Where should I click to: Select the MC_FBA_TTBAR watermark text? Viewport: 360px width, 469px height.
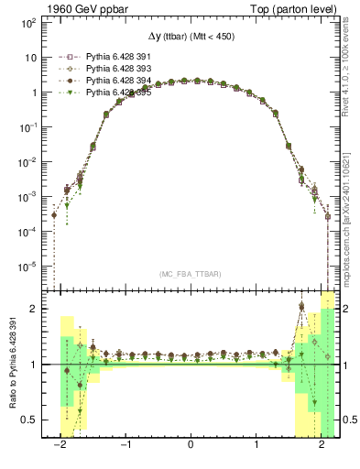[191, 274]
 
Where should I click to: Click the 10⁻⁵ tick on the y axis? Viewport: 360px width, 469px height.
[28, 267]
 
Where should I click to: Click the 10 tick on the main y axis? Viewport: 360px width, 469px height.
[30, 57]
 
